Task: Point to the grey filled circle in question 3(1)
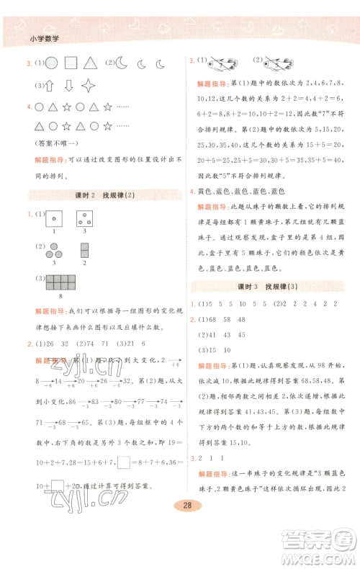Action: pos(51,63)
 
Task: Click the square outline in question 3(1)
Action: pos(71,63)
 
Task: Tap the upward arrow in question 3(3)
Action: pos(49,86)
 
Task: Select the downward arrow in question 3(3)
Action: pos(68,86)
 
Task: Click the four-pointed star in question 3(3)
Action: pos(89,86)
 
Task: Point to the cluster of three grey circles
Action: pos(53,251)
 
